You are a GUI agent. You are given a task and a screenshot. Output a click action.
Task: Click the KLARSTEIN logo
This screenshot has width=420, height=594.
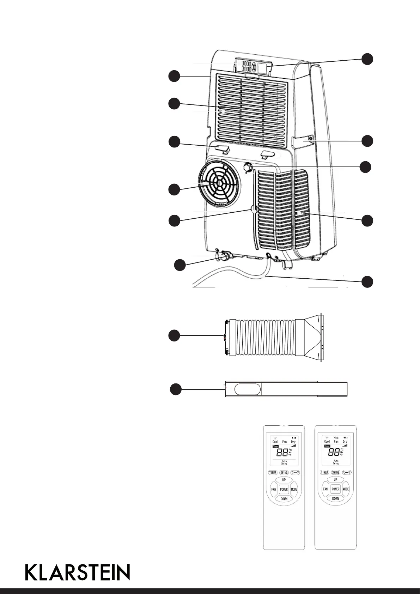point(78,572)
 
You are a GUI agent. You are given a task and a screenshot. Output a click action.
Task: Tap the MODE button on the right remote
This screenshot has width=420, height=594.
point(346,489)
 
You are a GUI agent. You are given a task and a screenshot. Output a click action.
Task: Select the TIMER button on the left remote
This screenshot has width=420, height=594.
point(273,472)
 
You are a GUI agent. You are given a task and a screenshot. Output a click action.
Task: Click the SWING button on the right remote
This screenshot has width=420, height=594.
point(335,472)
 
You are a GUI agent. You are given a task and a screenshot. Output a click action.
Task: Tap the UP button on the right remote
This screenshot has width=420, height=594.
point(335,480)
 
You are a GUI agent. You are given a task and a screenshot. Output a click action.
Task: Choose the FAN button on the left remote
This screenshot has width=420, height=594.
point(274,489)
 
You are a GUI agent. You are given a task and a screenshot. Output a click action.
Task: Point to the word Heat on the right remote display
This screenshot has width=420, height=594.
point(336,438)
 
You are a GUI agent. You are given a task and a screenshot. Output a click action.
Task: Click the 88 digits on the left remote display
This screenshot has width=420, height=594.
point(282,453)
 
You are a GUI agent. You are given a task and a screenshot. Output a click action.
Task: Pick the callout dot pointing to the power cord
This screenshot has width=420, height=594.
point(367,281)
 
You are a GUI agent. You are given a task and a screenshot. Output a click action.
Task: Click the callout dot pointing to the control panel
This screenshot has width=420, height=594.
point(367,59)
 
